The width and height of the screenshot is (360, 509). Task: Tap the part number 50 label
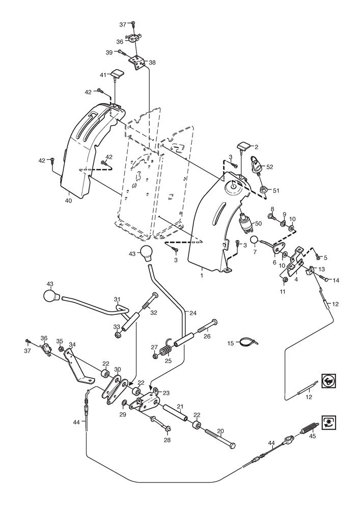[x=258, y=223]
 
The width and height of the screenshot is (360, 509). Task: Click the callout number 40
[x=68, y=201]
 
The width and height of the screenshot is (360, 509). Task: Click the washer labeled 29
[x=125, y=404]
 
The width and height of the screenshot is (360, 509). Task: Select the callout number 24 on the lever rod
[x=193, y=314]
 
